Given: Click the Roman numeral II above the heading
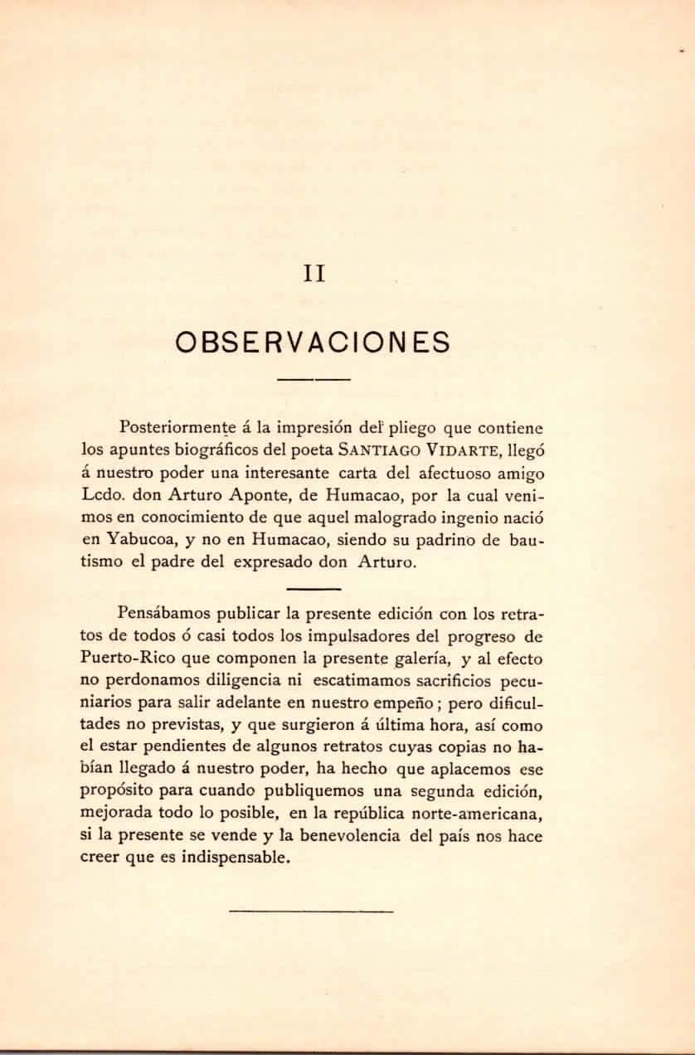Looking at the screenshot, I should [313, 273].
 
